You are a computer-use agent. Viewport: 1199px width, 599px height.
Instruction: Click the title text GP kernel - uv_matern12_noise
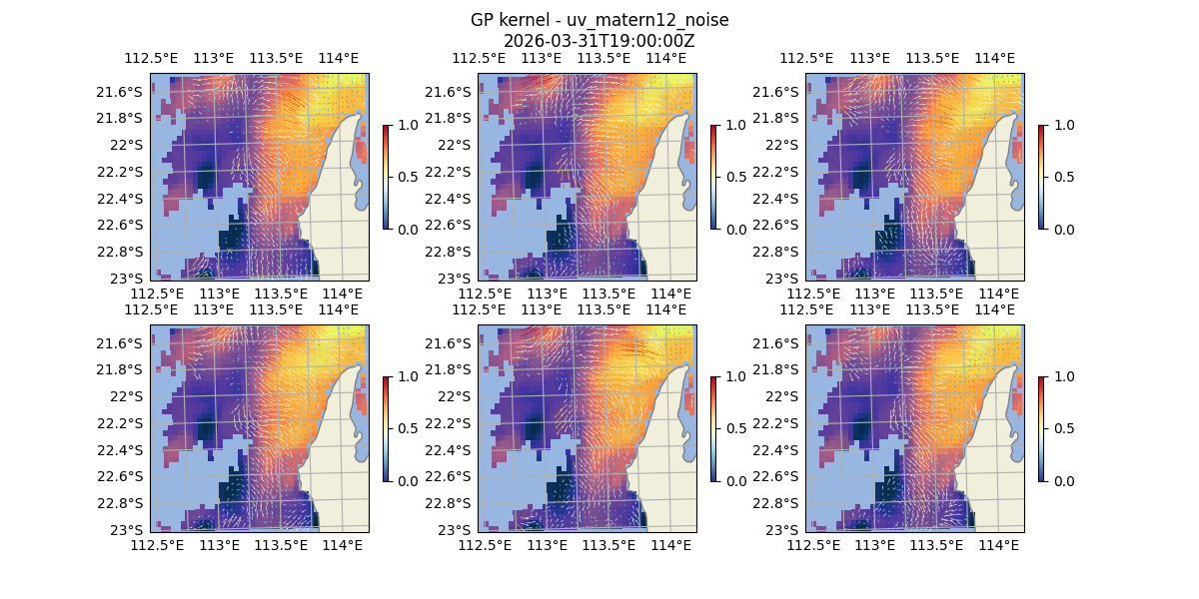[x=599, y=20]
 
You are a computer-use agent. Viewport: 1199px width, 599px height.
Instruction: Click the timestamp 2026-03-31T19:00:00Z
[x=599, y=41]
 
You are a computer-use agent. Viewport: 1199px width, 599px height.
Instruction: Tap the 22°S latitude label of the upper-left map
[x=129, y=145]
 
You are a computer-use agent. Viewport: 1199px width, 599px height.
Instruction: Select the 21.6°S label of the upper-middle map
[x=453, y=92]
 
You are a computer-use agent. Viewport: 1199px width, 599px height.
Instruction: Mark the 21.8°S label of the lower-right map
[x=780, y=369]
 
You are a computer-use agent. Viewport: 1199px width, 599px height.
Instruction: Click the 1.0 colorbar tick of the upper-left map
[x=409, y=125]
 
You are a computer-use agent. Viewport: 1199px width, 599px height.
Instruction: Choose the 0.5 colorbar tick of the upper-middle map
[x=736, y=177]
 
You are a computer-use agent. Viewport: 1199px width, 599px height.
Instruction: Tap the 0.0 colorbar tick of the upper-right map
[x=1064, y=229]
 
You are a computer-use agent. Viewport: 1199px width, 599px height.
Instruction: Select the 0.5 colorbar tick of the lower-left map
[x=409, y=428]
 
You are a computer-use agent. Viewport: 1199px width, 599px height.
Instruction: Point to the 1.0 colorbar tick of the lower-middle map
[x=736, y=376]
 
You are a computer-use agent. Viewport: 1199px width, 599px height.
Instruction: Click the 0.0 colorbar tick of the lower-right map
[x=1064, y=480]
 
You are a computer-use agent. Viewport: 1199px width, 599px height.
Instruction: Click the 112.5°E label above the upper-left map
[x=157, y=58]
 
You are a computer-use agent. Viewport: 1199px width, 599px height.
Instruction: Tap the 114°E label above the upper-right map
[x=994, y=58]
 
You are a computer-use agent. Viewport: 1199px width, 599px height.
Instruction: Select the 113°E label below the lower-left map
[x=219, y=545]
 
